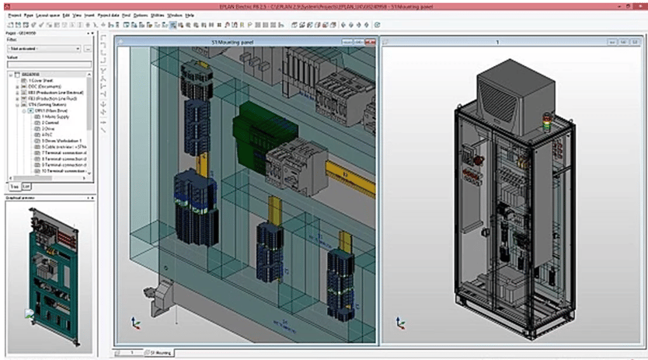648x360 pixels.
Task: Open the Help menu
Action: tap(190, 15)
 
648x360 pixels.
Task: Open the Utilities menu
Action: tap(158, 15)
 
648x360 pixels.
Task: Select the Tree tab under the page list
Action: tap(14, 187)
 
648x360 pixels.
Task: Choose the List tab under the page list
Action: tap(26, 187)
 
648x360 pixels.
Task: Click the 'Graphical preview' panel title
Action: tap(23, 197)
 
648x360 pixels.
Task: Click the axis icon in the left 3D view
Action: tap(136, 322)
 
